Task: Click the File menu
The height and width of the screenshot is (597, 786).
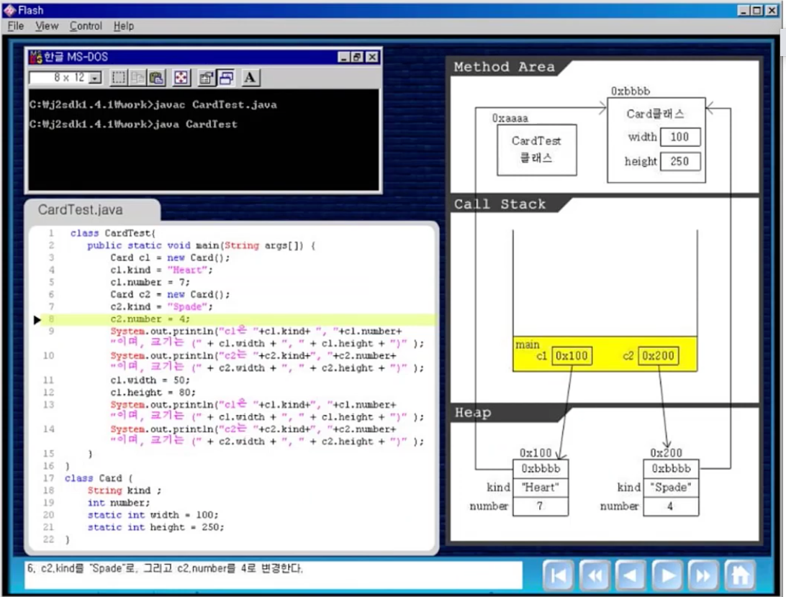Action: pos(15,26)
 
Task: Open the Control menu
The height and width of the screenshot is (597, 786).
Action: pos(86,26)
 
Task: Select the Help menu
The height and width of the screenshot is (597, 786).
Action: pos(123,26)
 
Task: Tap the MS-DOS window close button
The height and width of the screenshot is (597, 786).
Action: pos(371,57)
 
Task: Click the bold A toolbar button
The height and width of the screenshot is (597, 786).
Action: pos(250,78)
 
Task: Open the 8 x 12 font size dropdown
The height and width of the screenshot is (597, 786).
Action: pos(96,78)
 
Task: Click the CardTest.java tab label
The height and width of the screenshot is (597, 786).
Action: pos(80,210)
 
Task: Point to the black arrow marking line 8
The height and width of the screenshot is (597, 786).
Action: pos(37,319)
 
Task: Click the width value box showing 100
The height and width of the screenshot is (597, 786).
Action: pos(679,137)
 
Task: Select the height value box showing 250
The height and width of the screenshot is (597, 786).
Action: pos(679,161)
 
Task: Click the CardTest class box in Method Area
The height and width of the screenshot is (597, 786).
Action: pos(536,150)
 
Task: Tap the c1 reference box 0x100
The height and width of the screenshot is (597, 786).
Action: pos(572,356)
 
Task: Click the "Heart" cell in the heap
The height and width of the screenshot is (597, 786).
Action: pos(540,488)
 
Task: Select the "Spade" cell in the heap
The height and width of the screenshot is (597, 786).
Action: pos(670,488)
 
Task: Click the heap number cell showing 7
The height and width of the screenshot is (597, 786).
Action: pos(540,506)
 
